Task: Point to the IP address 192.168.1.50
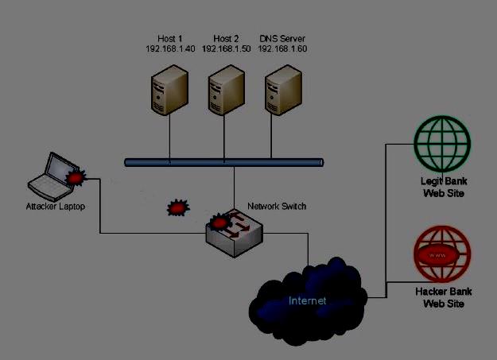click(x=227, y=49)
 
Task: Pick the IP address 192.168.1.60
click(x=282, y=49)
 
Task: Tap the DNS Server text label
click(x=282, y=39)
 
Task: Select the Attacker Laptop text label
click(x=55, y=207)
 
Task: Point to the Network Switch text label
click(x=277, y=206)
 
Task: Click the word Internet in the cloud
click(x=307, y=300)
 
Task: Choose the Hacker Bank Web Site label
click(x=443, y=297)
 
